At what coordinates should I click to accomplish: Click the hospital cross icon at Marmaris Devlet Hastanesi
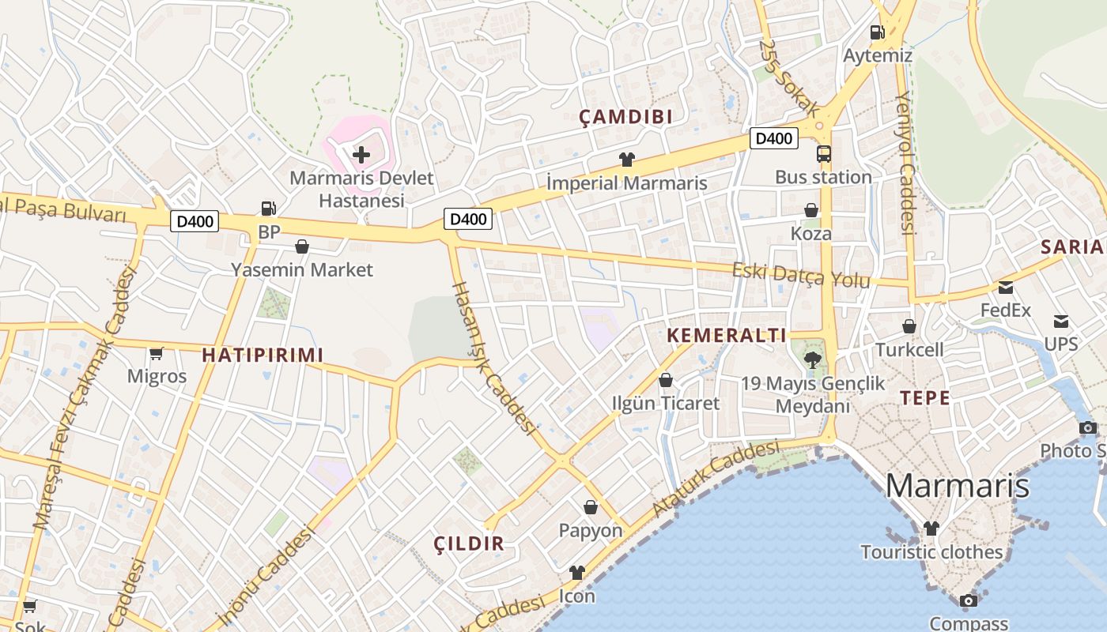[x=361, y=154]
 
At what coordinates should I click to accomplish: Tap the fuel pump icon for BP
[x=269, y=209]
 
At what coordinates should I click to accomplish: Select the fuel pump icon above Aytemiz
[x=877, y=32]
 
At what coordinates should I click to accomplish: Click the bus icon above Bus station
[x=823, y=154]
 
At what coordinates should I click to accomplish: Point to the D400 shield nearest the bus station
[x=773, y=138]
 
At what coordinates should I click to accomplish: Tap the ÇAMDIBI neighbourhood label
[x=625, y=117]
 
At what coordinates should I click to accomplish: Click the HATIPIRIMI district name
[x=263, y=355]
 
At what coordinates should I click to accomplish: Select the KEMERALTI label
[x=727, y=335]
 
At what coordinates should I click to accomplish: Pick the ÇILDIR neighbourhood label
[x=469, y=544]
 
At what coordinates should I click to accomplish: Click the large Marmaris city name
[x=957, y=485]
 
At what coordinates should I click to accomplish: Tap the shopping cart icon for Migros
[x=157, y=353]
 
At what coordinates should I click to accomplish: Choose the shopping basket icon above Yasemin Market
[x=301, y=246]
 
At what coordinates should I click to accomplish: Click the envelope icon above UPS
[x=1060, y=322]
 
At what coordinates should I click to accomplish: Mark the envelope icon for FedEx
[x=1005, y=288]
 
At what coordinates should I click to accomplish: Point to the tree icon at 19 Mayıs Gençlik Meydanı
[x=811, y=360]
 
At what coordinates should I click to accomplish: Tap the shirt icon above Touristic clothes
[x=931, y=528]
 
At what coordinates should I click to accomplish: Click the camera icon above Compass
[x=968, y=601]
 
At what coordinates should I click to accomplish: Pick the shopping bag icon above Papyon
[x=590, y=507]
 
